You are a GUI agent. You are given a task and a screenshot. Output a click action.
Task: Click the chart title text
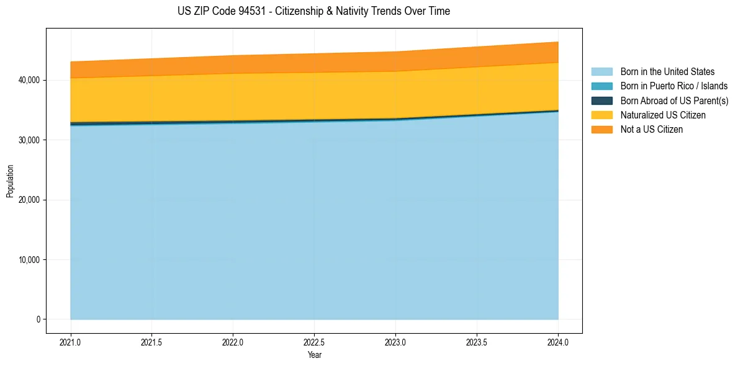click(x=313, y=11)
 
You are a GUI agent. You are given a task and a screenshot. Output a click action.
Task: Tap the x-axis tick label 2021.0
click(x=70, y=342)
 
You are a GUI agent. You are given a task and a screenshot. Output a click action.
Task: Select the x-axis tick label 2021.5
click(x=151, y=342)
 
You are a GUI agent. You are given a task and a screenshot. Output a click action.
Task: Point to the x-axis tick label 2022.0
click(x=233, y=342)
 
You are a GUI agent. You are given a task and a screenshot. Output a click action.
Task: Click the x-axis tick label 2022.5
click(x=314, y=342)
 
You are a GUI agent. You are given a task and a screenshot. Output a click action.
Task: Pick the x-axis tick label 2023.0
click(x=395, y=342)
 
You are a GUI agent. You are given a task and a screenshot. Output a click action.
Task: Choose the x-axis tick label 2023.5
click(x=477, y=342)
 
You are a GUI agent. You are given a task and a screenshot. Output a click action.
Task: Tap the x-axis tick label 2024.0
click(x=558, y=342)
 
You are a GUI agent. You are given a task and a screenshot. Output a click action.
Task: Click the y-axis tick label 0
click(x=38, y=319)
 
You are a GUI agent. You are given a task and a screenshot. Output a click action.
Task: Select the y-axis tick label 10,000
click(x=30, y=260)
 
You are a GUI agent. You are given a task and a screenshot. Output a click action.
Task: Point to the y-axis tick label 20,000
click(x=30, y=200)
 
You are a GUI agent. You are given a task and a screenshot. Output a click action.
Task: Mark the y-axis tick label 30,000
click(x=30, y=140)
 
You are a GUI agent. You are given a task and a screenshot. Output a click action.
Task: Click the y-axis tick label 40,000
click(x=30, y=80)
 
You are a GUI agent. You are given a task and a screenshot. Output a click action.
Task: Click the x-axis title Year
click(x=314, y=355)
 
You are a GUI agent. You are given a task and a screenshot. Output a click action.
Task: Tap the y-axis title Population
click(x=10, y=181)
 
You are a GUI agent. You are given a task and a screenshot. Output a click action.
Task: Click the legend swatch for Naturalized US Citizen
click(x=601, y=115)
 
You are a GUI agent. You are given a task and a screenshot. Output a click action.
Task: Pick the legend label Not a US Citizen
click(x=651, y=130)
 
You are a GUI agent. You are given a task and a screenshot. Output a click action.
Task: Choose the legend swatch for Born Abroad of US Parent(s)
click(x=601, y=100)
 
